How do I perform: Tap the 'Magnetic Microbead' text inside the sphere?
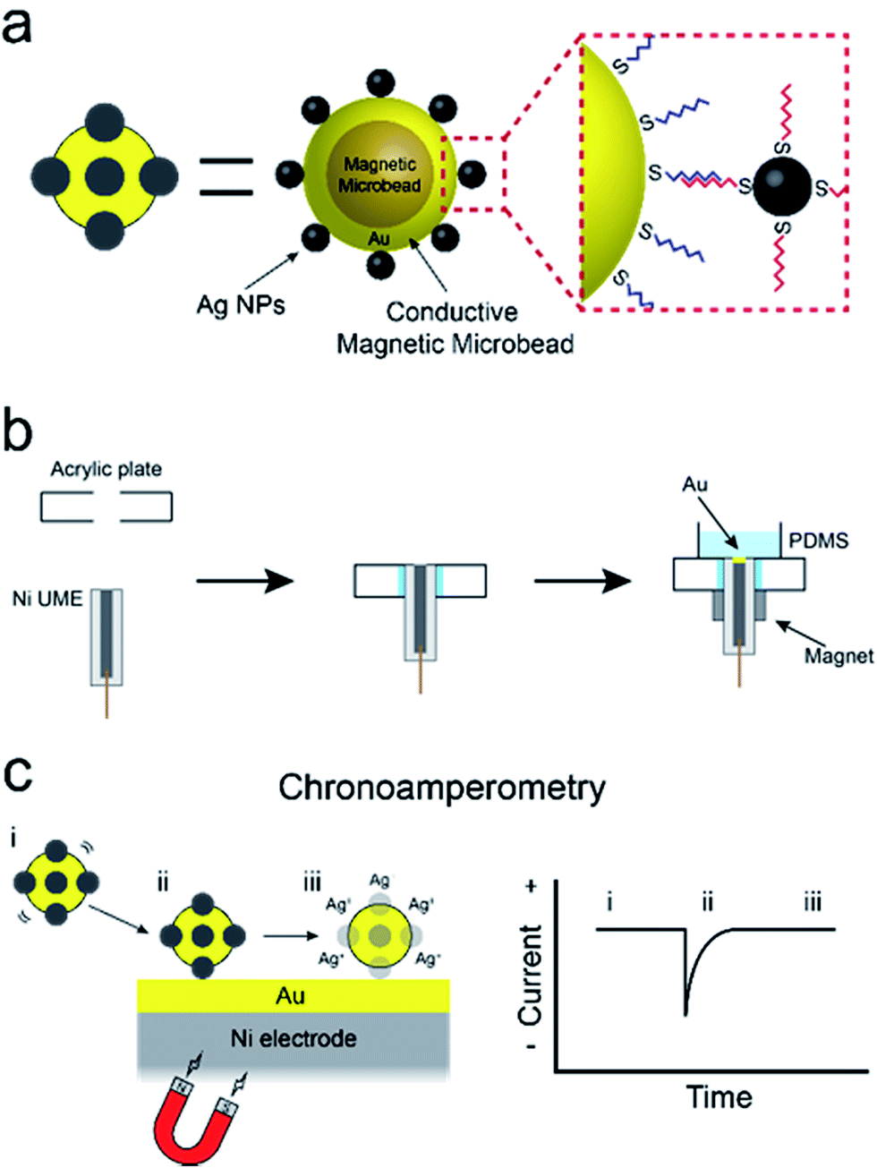[379, 175]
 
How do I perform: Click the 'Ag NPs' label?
[241, 305]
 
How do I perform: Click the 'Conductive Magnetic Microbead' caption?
[454, 328]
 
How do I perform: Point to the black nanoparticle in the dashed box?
[778, 186]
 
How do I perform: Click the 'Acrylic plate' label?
[106, 470]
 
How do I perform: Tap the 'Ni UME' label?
[47, 598]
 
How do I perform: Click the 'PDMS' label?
[818, 541]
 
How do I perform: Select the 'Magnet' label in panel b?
[838, 656]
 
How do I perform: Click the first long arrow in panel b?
[244, 581]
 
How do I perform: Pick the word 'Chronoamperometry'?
[441, 788]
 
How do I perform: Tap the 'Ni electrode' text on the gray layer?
[293, 1038]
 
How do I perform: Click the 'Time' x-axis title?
[719, 1097]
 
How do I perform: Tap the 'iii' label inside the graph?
[812, 902]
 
